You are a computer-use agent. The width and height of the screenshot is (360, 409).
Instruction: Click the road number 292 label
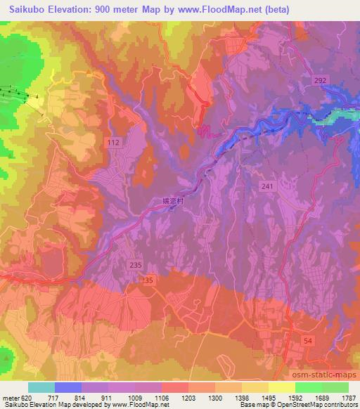(x=321, y=82)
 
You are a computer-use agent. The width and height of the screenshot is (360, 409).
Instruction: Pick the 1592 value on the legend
(x=295, y=397)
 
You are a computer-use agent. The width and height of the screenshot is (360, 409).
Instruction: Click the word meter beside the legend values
(x=8, y=397)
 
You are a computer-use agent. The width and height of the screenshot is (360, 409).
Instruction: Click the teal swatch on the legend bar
(x=41, y=387)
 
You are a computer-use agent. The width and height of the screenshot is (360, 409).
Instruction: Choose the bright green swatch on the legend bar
(x=309, y=387)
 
